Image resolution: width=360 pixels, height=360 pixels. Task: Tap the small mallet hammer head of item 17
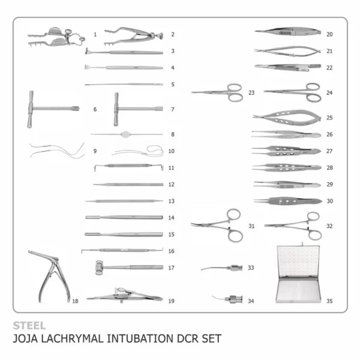pos(99,267)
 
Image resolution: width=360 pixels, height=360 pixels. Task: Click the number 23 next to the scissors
pos(251,92)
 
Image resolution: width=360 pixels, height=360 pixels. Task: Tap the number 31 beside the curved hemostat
pos(251,226)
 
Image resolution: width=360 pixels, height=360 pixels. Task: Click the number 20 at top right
pos(329,34)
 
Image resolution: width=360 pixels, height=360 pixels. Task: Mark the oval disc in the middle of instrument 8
pos(125,134)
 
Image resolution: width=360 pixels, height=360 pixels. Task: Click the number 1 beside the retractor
pos(95,34)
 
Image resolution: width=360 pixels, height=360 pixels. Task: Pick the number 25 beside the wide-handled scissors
pos(329,118)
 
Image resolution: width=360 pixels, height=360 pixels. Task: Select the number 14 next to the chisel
pos(172,217)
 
